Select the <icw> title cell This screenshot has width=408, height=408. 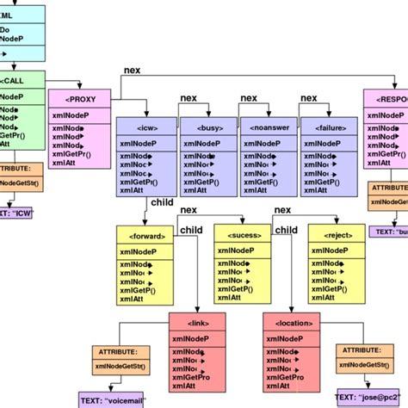(145, 127)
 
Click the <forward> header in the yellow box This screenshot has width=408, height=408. (147, 235)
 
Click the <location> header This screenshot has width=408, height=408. (294, 322)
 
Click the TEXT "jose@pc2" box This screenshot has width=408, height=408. (371, 398)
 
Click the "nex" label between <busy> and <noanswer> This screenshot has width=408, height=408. (249, 98)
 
